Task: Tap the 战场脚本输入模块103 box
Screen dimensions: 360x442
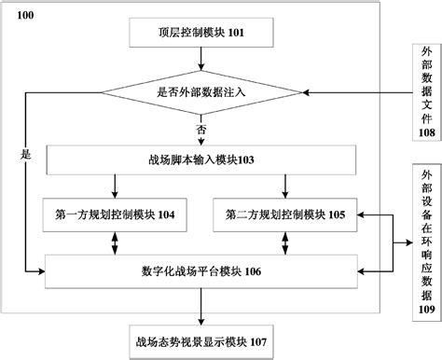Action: pos(200,159)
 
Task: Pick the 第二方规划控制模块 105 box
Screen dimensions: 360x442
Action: pos(285,215)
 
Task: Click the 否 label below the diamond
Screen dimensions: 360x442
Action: pos(200,127)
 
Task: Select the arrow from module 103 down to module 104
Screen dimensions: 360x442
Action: pos(115,186)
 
